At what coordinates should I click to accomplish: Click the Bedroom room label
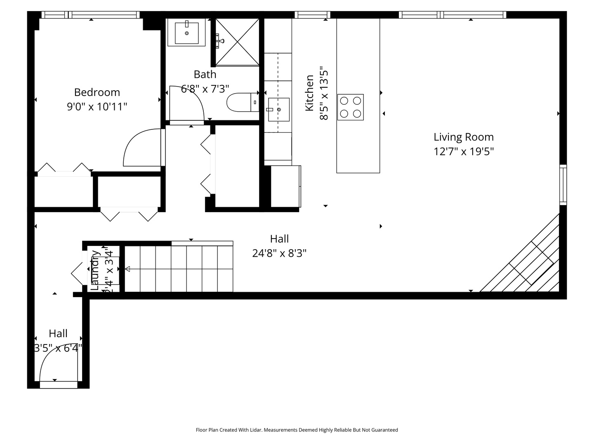(x=97, y=92)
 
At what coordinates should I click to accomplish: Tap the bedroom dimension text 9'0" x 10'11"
(x=97, y=107)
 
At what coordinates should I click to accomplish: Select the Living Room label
(x=463, y=137)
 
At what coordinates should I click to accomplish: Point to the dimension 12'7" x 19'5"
(x=463, y=151)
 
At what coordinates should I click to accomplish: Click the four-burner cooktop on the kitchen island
(x=350, y=107)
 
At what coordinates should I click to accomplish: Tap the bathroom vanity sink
(x=186, y=33)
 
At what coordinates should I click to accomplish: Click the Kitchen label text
(x=309, y=93)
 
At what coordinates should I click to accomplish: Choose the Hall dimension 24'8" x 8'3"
(x=279, y=253)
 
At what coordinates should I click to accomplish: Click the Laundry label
(x=95, y=270)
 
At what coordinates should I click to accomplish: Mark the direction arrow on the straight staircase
(x=127, y=269)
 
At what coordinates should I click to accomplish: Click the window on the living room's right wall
(x=563, y=185)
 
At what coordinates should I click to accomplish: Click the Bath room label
(x=205, y=75)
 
